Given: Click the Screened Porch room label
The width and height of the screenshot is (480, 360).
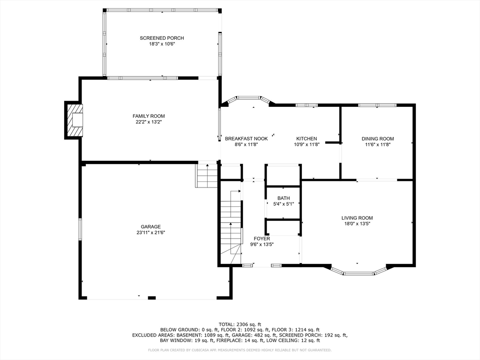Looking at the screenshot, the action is point(162,38).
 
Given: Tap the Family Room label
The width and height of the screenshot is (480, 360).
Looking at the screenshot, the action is point(149,116).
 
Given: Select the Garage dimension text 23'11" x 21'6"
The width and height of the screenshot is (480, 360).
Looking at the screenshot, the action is point(150,232).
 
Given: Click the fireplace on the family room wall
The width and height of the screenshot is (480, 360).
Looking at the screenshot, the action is point(74,120).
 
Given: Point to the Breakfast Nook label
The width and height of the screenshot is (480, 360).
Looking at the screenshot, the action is point(246,139).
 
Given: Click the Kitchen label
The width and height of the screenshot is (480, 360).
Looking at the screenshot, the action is point(307,139).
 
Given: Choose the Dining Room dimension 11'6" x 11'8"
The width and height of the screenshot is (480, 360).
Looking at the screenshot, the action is point(378,144).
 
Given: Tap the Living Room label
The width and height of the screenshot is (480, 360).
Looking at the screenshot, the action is point(357,218).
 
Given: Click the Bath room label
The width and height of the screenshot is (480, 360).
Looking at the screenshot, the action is point(284,198).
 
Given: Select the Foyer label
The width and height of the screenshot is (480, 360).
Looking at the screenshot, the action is point(262,239).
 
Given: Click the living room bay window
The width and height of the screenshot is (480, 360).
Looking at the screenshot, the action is point(358,272).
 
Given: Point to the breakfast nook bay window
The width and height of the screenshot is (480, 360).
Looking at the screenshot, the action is point(248,98).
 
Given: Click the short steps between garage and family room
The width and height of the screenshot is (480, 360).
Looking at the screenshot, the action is point(206,175).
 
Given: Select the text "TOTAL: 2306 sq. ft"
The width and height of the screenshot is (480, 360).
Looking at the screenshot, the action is point(240,324).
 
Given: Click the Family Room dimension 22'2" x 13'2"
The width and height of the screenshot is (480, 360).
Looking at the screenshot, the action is point(149,122).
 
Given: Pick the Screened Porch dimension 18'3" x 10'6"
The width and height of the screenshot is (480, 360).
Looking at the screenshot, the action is point(162,44).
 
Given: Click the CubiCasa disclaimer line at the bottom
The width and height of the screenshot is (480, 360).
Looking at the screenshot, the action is point(240,350).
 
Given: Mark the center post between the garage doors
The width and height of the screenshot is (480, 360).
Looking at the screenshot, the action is point(151,298).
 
